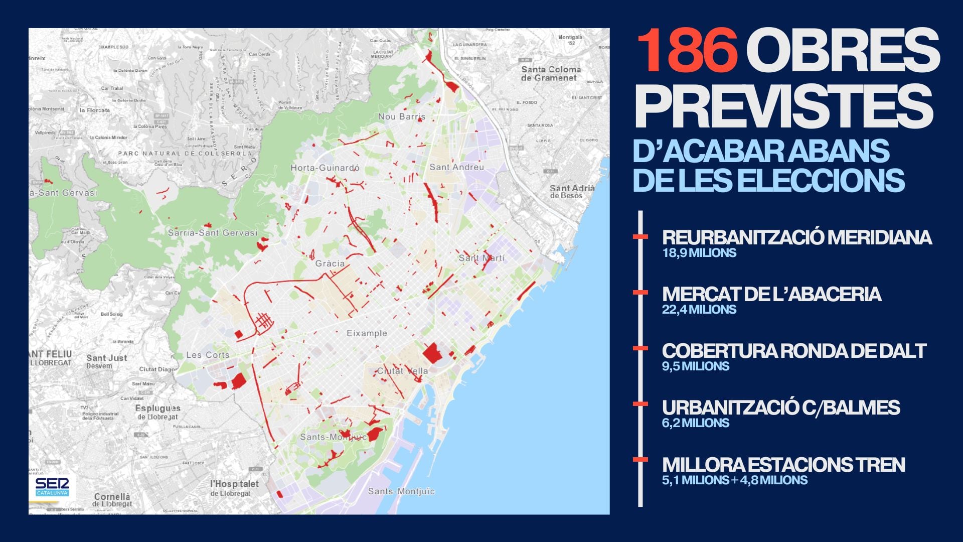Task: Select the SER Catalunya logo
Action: click(x=52, y=486)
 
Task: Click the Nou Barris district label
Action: click(x=401, y=116)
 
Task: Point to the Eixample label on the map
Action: click(x=367, y=333)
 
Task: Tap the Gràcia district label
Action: click(x=330, y=263)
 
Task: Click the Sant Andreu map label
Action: click(x=456, y=167)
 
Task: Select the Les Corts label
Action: click(x=208, y=355)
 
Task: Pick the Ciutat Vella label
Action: click(x=403, y=371)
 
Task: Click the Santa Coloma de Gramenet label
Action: click(x=551, y=73)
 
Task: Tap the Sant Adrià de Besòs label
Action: click(x=572, y=191)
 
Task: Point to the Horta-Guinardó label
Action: click(x=325, y=168)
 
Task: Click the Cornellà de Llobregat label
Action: click(x=112, y=500)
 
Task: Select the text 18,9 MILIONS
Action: click(x=699, y=253)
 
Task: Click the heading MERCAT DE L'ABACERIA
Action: click(x=771, y=294)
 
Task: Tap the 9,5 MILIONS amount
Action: click(x=695, y=366)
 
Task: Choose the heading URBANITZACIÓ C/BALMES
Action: click(x=780, y=408)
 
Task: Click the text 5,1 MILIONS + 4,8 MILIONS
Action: click(x=734, y=480)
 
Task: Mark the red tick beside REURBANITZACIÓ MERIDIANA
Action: click(x=640, y=236)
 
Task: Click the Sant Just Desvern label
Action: click(x=106, y=361)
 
